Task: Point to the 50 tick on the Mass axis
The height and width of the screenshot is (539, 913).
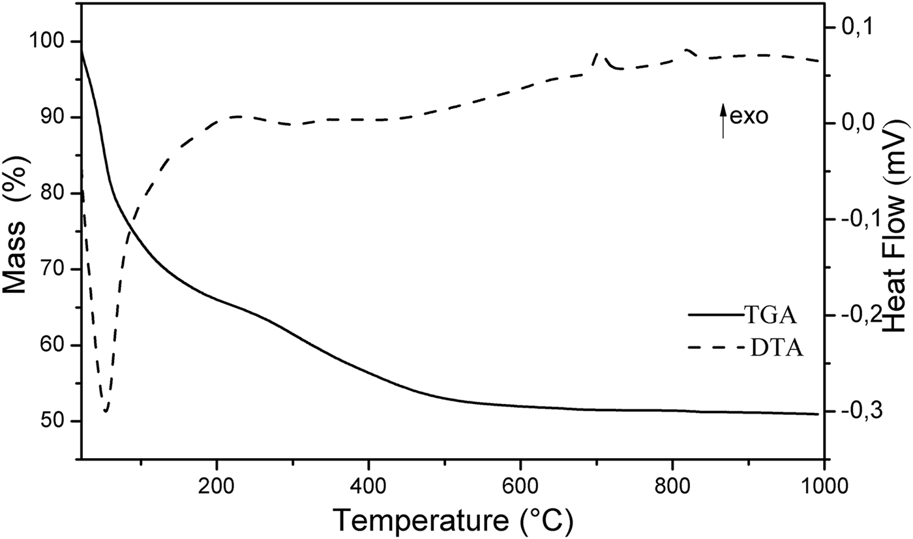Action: coord(81,421)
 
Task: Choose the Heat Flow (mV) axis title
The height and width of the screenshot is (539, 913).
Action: coord(897,229)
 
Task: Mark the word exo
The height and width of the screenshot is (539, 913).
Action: coord(749,117)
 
